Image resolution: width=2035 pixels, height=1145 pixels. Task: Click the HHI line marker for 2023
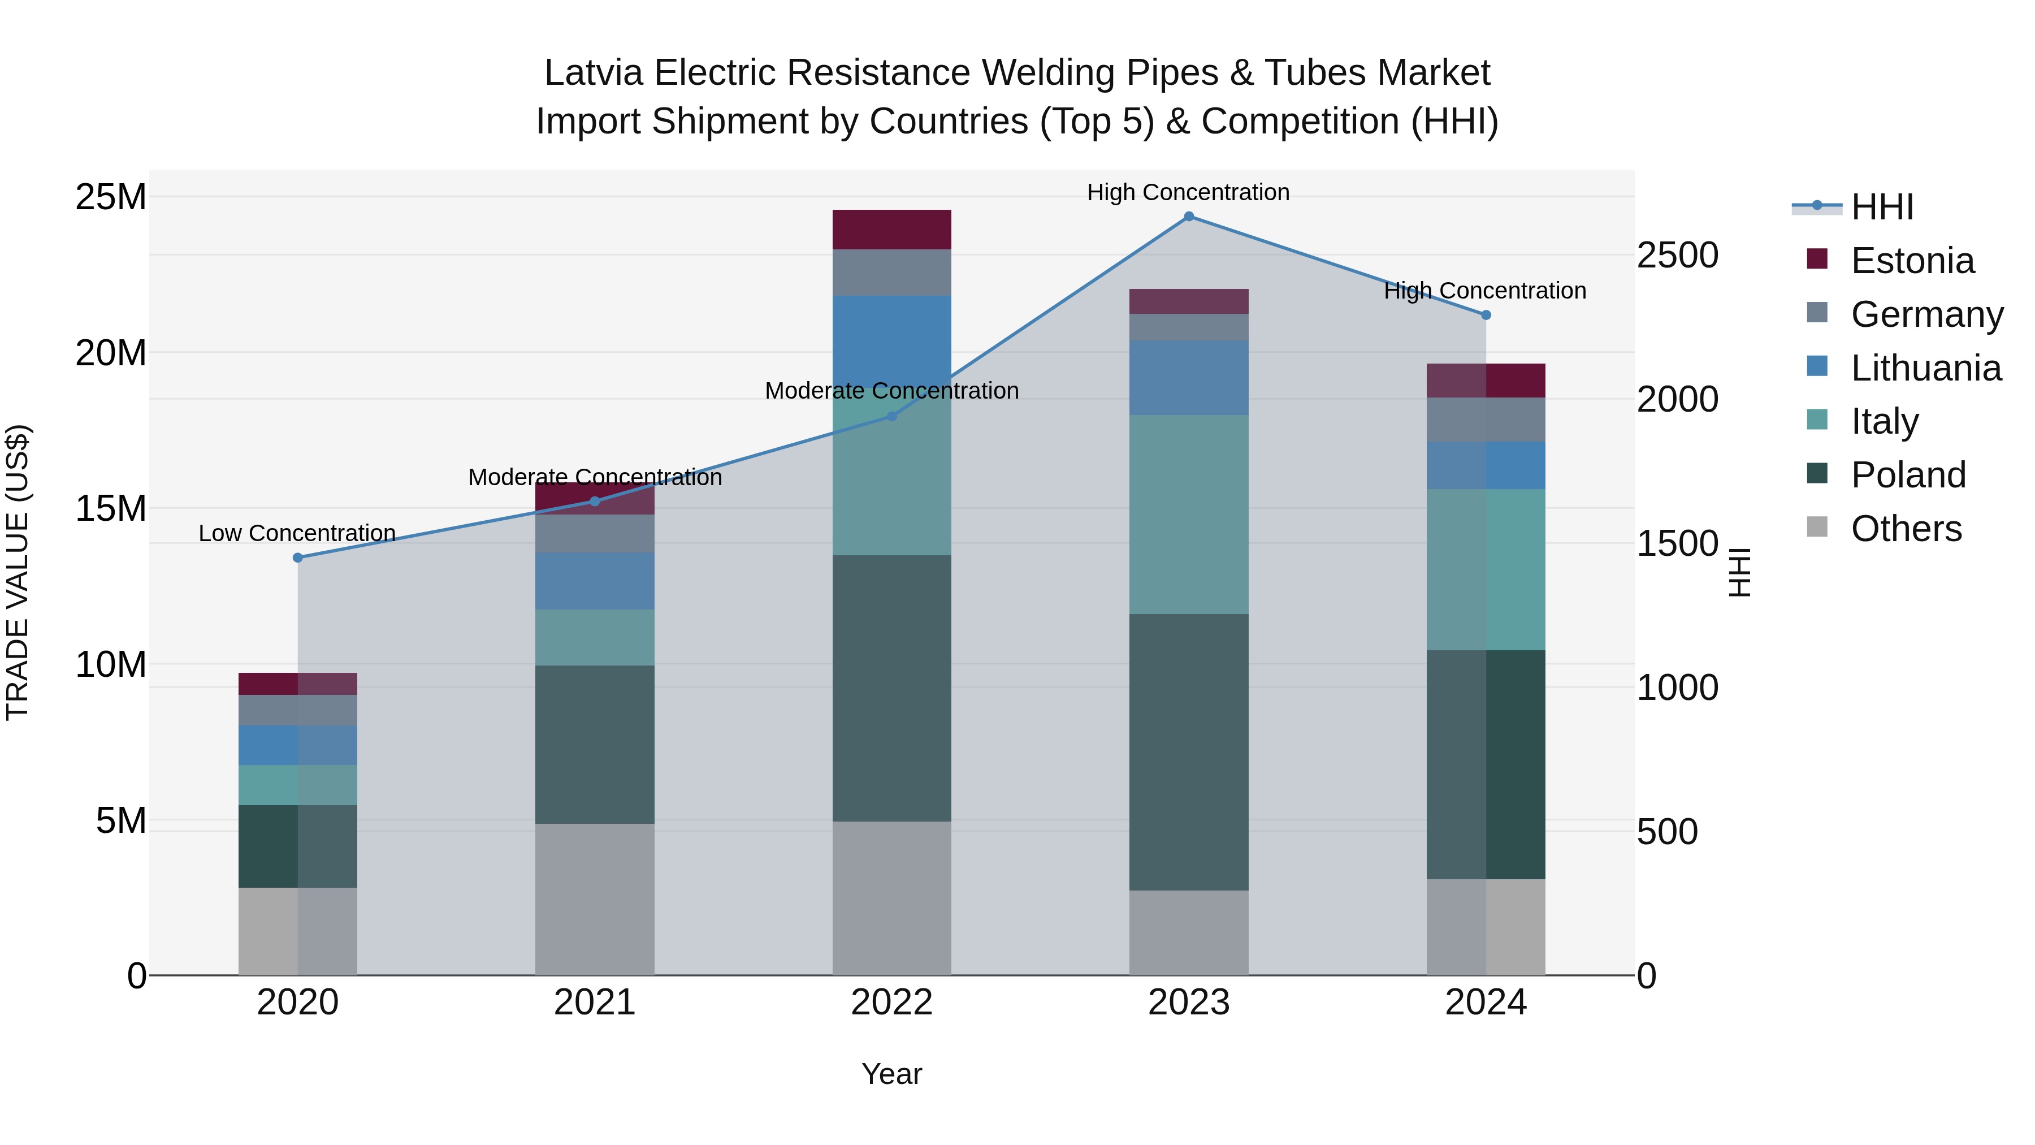point(1188,217)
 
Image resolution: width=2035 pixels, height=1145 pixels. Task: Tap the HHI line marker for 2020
point(298,558)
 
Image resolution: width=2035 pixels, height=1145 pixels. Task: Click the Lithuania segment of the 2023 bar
point(1188,378)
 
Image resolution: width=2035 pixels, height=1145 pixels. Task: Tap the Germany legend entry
point(1926,314)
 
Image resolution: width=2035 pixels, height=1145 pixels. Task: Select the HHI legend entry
point(1881,207)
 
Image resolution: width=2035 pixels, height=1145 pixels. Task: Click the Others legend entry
point(1906,529)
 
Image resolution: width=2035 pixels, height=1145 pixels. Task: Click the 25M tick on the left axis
point(111,197)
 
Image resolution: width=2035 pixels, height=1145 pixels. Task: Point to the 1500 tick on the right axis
point(1677,543)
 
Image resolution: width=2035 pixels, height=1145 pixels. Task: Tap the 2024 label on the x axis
point(1485,1003)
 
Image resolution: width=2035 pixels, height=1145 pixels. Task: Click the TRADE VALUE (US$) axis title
point(18,572)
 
